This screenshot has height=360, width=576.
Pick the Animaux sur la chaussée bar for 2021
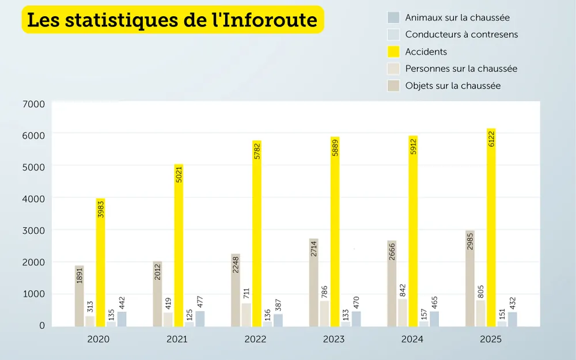pyautogui.click(x=200, y=319)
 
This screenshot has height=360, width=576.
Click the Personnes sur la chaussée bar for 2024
pyautogui.click(x=403, y=313)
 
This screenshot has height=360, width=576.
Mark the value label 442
pyautogui.click(x=122, y=303)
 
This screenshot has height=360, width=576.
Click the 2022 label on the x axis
pyautogui.click(x=255, y=339)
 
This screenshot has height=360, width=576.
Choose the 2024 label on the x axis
pyautogui.click(x=412, y=339)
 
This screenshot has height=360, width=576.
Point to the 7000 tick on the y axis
pyautogui.click(x=34, y=104)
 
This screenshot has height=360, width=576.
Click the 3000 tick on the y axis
pyautogui.click(x=34, y=230)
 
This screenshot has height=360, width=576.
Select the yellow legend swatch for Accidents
pyautogui.click(x=394, y=52)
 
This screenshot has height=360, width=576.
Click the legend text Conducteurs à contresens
pyautogui.click(x=461, y=35)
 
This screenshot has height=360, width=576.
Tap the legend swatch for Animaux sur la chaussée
pyautogui.click(x=394, y=18)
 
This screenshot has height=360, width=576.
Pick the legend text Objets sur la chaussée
pyautogui.click(x=453, y=86)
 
